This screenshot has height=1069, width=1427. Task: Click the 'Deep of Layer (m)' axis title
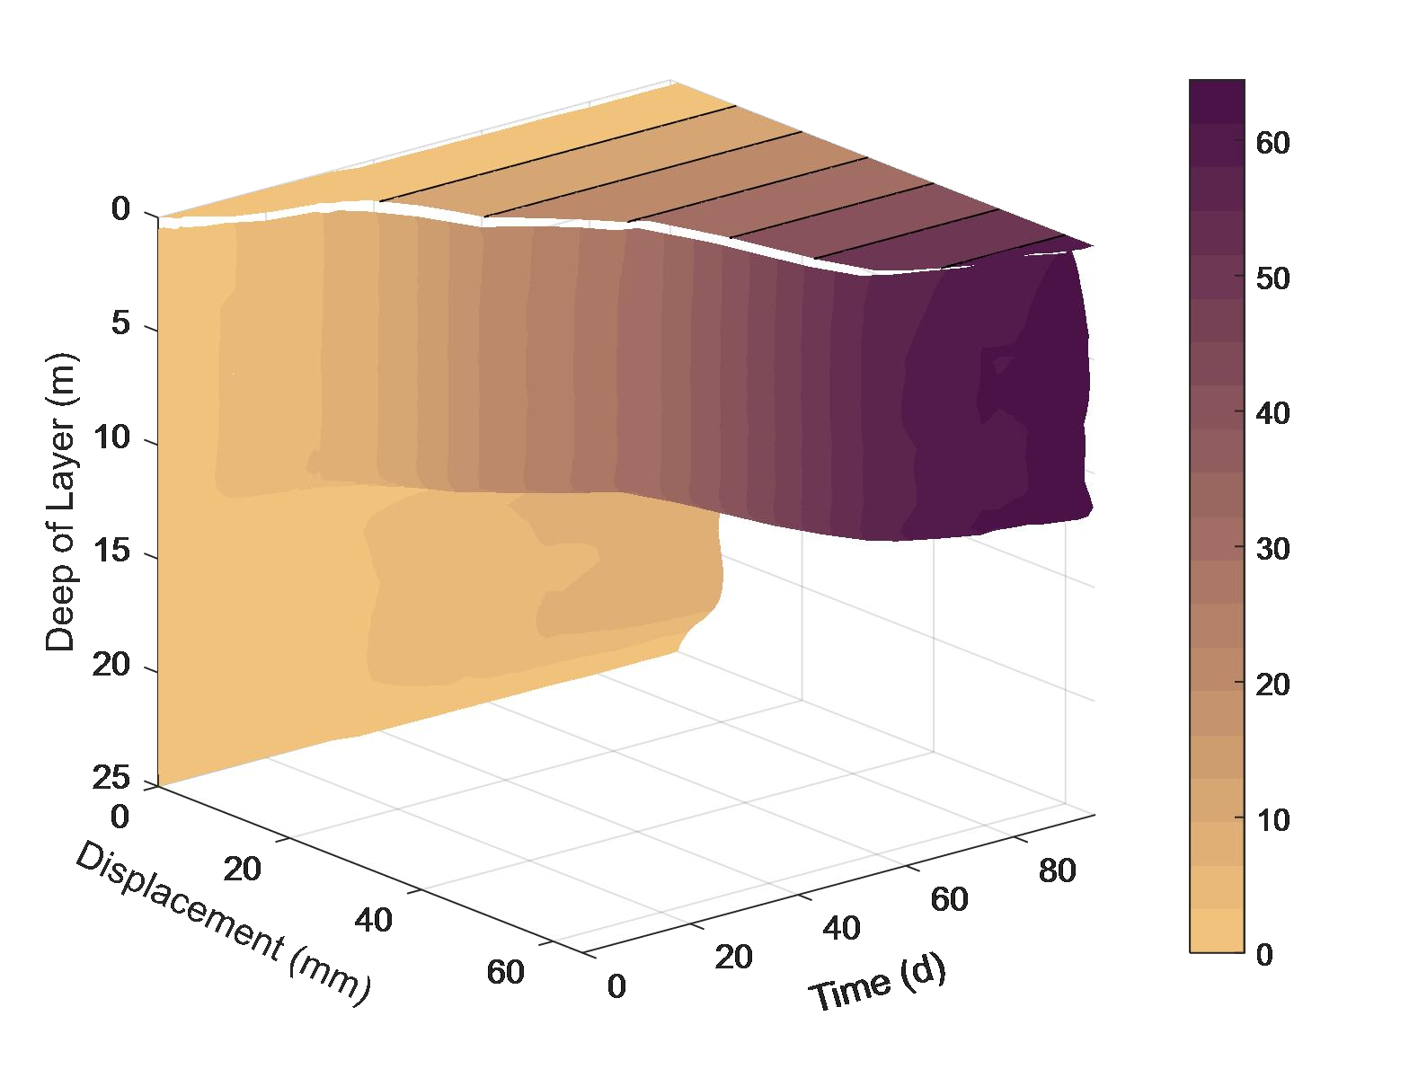(61, 502)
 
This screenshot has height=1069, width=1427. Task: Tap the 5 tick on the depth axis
(120, 324)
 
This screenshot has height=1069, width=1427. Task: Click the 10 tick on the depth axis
(111, 438)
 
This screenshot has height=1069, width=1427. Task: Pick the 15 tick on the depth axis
(111, 552)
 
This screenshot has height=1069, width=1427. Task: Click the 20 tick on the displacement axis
(242, 869)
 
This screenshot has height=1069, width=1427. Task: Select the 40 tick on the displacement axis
(373, 920)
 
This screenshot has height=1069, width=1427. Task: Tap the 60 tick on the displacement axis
(505, 972)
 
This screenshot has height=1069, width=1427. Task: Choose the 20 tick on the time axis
(733, 957)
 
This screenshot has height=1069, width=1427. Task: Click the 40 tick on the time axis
(841, 928)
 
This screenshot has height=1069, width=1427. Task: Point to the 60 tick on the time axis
(949, 899)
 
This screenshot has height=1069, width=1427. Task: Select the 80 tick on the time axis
(1057, 870)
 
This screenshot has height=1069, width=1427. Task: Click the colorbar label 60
(1272, 143)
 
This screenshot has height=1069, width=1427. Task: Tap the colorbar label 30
(1272, 549)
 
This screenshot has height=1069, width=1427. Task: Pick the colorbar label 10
(1272, 819)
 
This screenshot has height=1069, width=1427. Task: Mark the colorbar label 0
(1264, 954)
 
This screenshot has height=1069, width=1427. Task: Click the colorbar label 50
(1272, 278)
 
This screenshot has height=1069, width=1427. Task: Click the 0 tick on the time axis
(616, 986)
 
